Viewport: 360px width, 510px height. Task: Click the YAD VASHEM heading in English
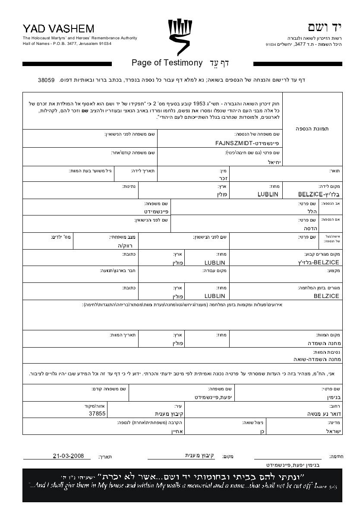(58, 29)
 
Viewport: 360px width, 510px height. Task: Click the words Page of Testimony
(167, 63)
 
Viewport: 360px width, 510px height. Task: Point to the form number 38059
(46, 80)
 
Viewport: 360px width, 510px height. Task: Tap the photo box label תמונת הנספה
(312, 129)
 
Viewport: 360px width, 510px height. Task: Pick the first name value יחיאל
(275, 162)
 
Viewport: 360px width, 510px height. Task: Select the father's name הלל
(312, 212)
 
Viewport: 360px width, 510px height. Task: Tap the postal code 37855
(97, 413)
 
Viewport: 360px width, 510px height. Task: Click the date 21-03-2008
(69, 456)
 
